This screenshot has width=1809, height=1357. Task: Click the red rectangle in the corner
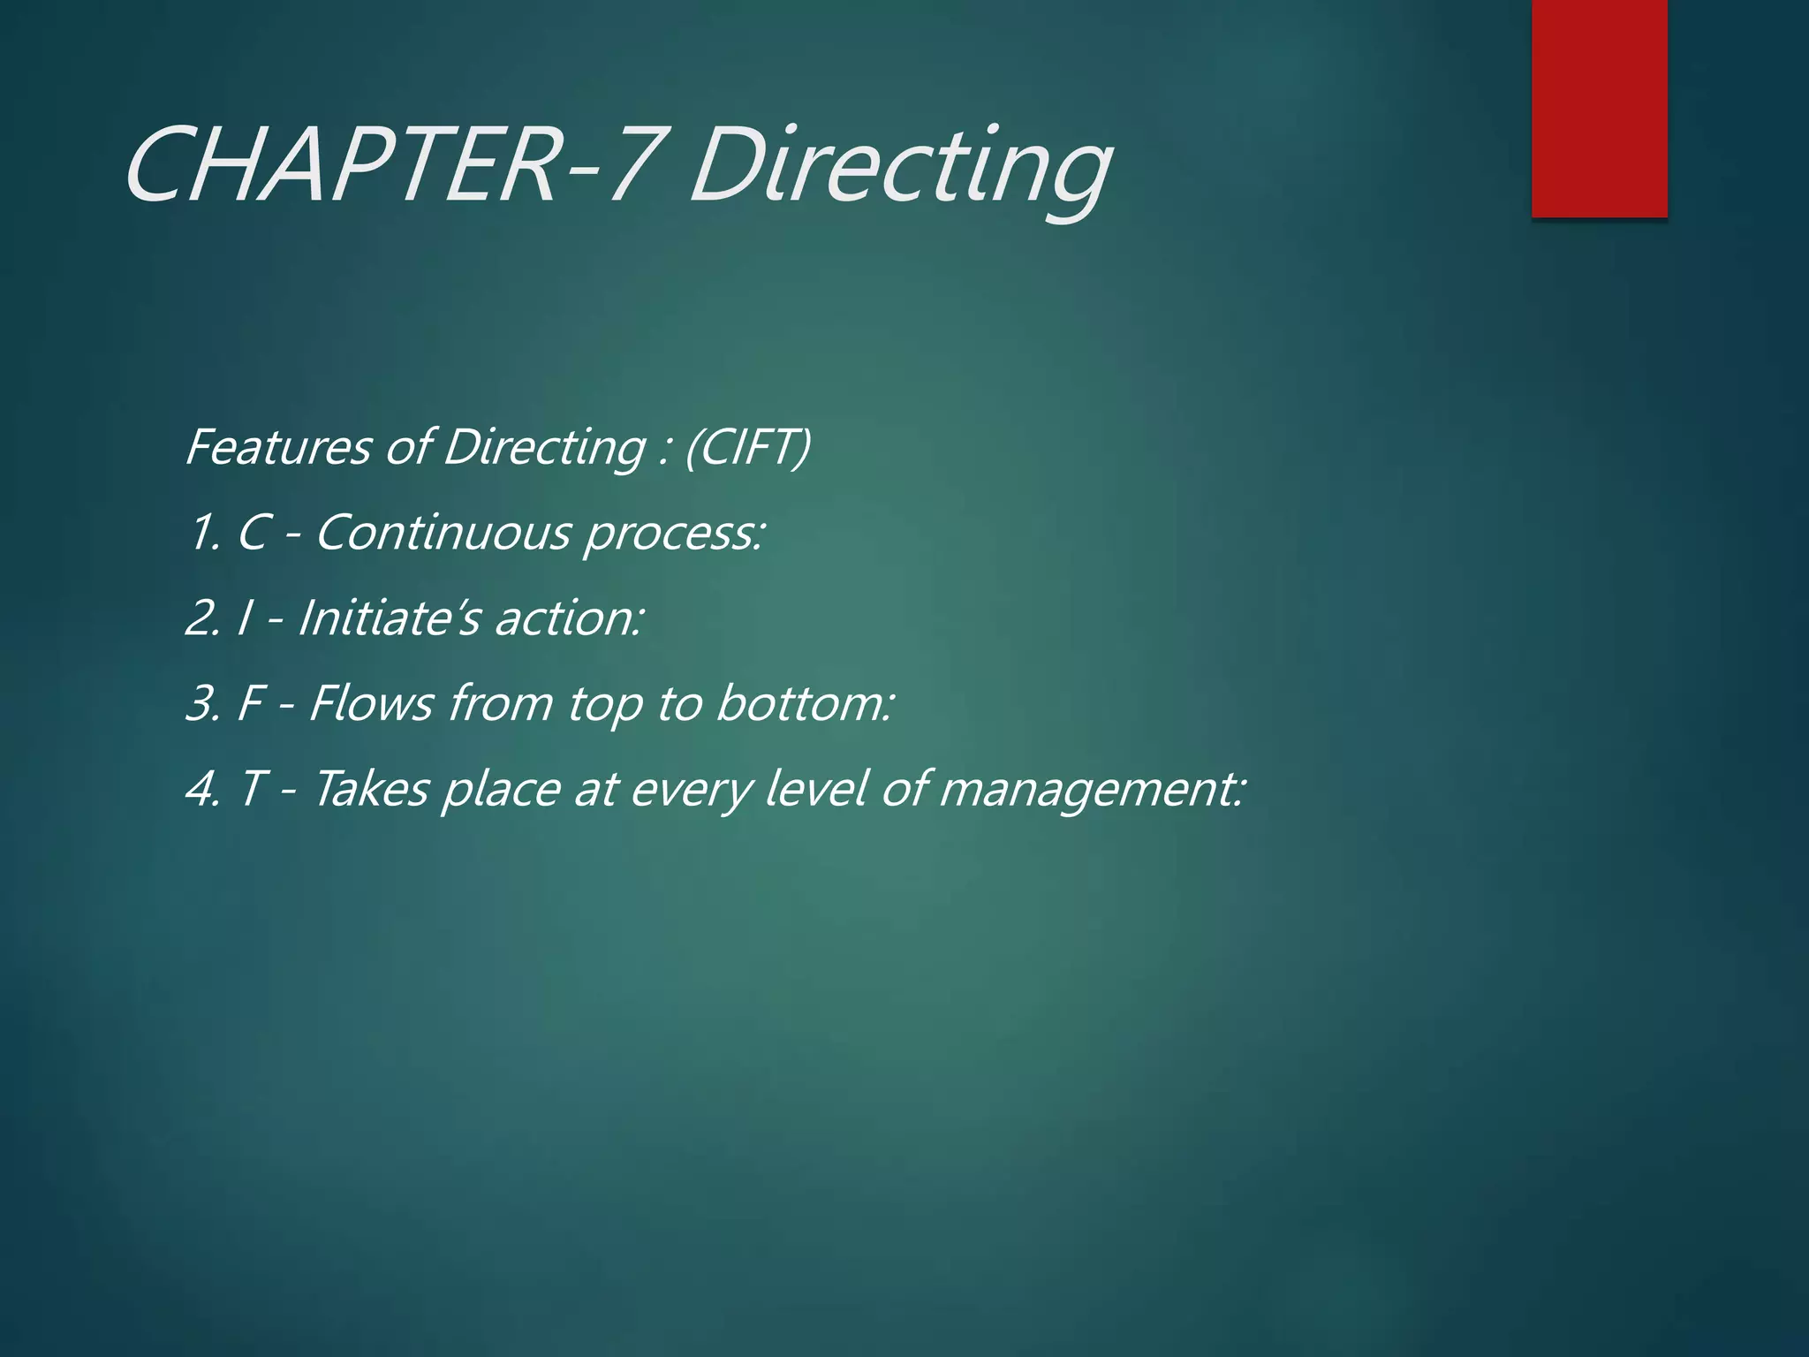(1599, 108)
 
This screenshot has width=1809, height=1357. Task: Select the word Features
(278, 447)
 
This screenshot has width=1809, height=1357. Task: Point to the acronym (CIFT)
(747, 447)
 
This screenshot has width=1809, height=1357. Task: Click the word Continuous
(443, 534)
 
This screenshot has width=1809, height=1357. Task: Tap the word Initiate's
(389, 618)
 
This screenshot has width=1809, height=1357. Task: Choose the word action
(570, 618)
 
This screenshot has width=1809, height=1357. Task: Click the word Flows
(370, 704)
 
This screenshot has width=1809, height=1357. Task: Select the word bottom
(805, 704)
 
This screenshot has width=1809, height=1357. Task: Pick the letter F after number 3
(251, 704)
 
